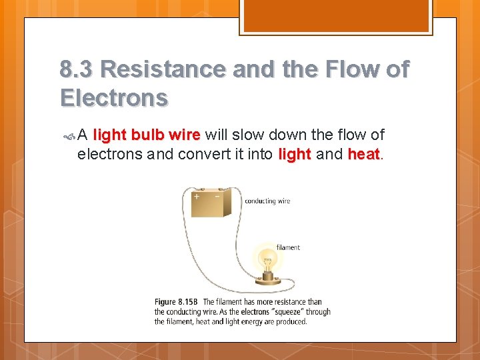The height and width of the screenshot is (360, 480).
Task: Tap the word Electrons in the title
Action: pos(114,98)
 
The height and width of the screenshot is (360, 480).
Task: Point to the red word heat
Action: pos(363,155)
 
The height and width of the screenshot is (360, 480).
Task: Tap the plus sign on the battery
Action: pos(197,197)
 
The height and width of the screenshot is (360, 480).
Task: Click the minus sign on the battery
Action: pos(217,197)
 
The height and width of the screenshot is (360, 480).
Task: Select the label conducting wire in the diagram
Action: pos(267,201)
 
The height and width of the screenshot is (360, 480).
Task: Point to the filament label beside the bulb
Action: pos(288,247)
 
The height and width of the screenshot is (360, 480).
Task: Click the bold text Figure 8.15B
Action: pos(177,302)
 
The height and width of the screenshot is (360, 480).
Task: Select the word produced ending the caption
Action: pos(291,321)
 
